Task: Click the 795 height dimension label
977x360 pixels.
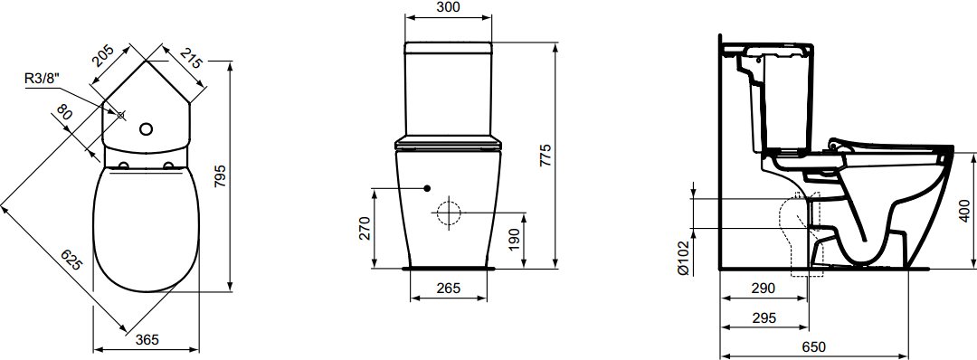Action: click(x=222, y=177)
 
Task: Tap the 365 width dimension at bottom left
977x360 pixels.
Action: click(x=147, y=339)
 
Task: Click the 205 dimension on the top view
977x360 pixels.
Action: click(x=102, y=56)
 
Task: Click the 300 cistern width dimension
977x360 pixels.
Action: click(x=449, y=7)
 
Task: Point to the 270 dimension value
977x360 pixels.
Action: click(x=366, y=228)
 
